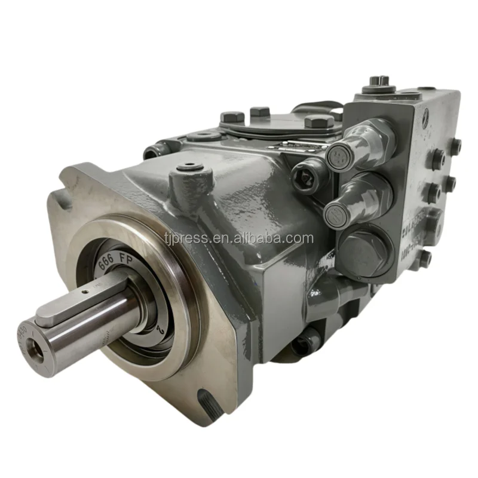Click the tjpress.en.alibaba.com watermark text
point(239,238)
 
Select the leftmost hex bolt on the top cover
point(232,117)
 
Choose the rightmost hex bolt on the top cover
point(320,122)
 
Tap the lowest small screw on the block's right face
point(425,259)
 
